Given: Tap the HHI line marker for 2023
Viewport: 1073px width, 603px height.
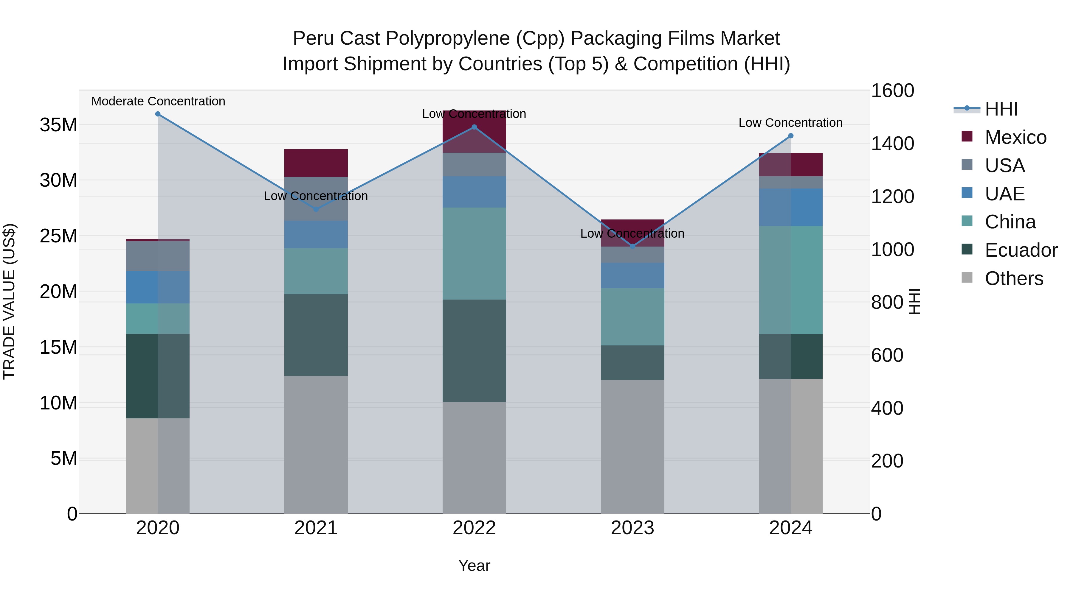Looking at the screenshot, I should [632, 246].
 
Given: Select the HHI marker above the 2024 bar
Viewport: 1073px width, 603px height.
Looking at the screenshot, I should [790, 136].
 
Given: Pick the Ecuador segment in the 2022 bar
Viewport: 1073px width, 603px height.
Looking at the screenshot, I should [474, 350].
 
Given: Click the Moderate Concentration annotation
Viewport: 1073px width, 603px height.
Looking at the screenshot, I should [158, 101].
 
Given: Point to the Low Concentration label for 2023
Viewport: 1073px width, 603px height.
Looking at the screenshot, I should [632, 233].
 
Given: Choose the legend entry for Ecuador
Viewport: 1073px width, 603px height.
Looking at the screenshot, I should [1021, 250].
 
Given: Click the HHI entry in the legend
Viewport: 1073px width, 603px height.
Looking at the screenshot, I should [1001, 109].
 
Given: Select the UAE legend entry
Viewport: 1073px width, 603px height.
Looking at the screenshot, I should [1004, 194].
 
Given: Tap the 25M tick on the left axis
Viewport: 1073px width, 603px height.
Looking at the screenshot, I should [58, 236].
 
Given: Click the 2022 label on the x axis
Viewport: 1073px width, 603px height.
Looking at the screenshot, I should [474, 528].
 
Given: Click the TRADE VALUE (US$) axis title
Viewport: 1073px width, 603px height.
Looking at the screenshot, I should [9, 301].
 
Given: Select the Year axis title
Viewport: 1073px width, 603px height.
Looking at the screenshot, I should [474, 565].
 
